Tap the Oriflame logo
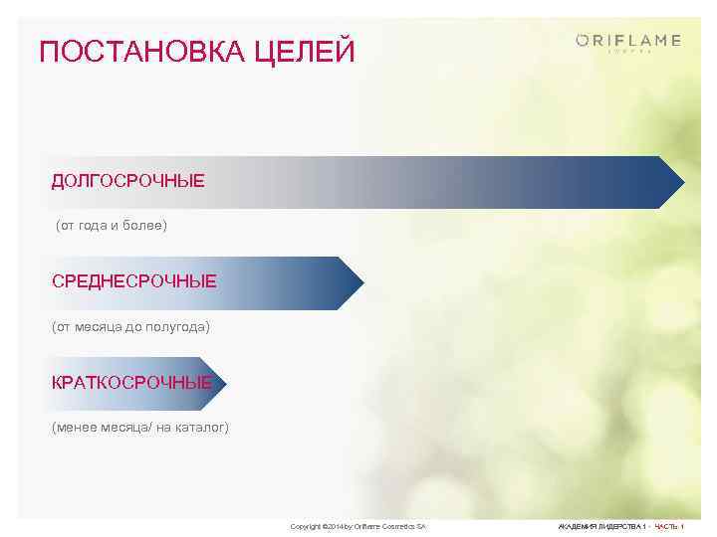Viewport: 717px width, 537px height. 628,41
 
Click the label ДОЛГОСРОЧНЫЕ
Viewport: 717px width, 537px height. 128,181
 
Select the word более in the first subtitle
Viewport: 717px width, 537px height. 144,226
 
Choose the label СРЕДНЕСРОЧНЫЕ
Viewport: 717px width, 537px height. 133,282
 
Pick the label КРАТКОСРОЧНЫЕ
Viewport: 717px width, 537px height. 131,383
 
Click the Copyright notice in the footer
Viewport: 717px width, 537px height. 358,525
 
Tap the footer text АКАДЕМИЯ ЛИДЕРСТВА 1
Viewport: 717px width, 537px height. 602,525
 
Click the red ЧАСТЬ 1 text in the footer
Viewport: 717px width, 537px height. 668,525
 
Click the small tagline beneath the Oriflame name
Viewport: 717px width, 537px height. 629,51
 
